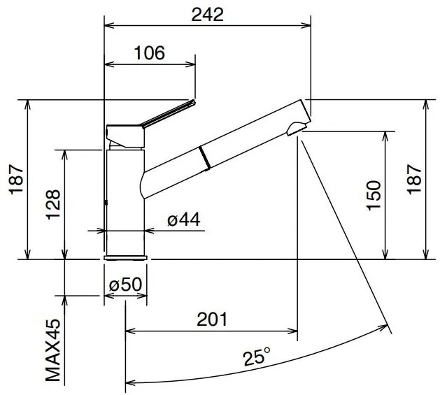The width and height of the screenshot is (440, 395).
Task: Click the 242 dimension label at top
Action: pyautogui.click(x=207, y=15)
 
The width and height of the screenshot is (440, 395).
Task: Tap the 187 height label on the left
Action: pyautogui.click(x=16, y=180)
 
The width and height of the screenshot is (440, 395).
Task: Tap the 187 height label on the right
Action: pyautogui.click(x=413, y=180)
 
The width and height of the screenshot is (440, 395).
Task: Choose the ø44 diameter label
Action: pyautogui.click(x=184, y=220)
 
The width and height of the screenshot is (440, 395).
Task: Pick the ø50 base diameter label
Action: pyautogui.click(x=126, y=285)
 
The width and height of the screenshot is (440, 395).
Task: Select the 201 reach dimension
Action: pyautogui.click(x=211, y=319)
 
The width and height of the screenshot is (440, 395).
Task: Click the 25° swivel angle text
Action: pyautogui.click(x=257, y=359)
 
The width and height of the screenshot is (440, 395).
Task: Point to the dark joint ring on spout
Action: pyautogui.click(x=204, y=157)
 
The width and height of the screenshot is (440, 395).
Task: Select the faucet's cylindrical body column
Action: pyautogui.click(x=125, y=199)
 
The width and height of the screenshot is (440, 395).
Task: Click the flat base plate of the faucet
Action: pyautogui.click(x=126, y=258)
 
